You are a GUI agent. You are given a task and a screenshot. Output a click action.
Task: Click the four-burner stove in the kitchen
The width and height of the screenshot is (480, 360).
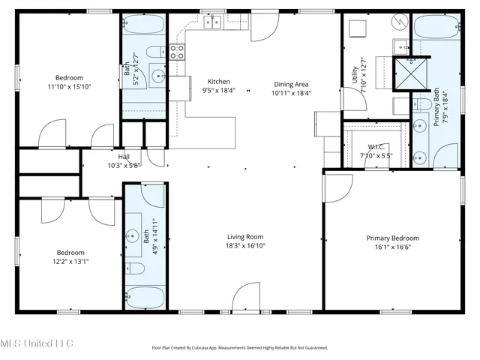[x=178, y=52]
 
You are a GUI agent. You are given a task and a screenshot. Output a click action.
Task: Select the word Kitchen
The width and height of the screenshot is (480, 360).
[x=218, y=82]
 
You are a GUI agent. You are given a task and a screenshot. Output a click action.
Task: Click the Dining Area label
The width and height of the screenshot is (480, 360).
[x=290, y=85]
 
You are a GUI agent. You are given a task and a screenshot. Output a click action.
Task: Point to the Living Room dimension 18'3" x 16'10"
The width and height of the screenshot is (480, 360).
[x=246, y=245]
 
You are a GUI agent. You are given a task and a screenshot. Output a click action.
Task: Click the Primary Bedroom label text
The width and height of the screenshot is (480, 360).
[x=392, y=238]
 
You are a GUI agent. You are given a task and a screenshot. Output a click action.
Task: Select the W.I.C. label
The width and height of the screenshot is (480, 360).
[x=376, y=147]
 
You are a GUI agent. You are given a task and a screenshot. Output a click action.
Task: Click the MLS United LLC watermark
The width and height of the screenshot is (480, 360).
[x=37, y=343]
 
